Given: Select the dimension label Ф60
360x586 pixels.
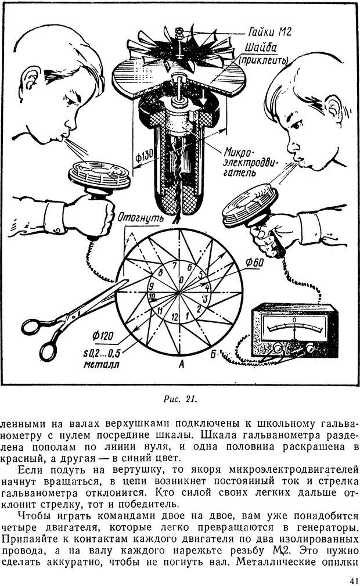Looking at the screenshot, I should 256,261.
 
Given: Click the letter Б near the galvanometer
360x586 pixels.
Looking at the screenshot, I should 231,354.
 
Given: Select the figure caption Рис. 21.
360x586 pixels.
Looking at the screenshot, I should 181,398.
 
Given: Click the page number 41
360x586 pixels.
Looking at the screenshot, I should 351,580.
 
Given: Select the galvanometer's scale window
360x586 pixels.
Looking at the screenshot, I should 294,328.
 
